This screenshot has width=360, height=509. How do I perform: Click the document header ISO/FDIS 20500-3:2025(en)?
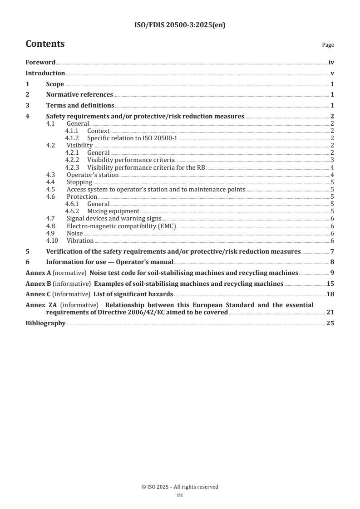click(x=180, y=25)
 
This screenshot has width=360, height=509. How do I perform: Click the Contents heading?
click(x=45, y=44)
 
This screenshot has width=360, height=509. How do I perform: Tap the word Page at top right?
click(x=328, y=45)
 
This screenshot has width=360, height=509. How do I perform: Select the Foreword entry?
click(x=40, y=63)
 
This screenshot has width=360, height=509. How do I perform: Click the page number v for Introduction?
click(x=333, y=73)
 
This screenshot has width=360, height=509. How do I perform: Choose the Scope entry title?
click(x=55, y=84)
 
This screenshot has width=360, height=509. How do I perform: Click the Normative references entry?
click(x=79, y=95)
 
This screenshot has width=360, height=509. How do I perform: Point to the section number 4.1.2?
click(x=72, y=138)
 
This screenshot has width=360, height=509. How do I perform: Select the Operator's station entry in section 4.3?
click(x=93, y=175)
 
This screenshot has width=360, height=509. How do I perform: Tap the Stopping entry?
click(x=79, y=182)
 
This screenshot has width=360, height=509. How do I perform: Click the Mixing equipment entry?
click(x=113, y=211)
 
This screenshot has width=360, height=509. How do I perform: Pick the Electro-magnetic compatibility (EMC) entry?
click(x=121, y=225)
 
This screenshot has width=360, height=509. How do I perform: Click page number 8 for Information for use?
click(x=332, y=262)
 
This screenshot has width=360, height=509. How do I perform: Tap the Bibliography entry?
click(x=45, y=323)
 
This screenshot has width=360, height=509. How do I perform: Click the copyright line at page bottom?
click(x=180, y=487)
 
